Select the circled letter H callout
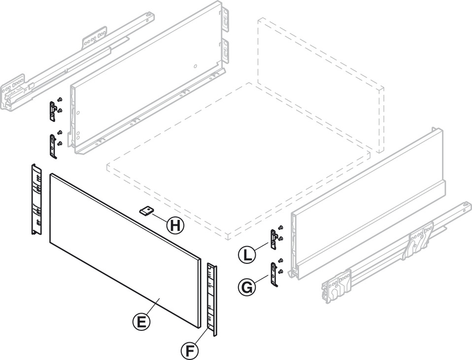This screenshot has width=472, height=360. tap(174, 226)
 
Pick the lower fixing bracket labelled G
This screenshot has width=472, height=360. tap(274, 273)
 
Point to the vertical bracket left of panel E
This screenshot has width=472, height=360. tap(34, 200)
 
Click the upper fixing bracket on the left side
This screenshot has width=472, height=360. tap(52, 110)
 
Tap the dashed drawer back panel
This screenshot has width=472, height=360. tap(320, 79)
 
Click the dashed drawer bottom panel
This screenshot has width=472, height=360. tap(236, 163)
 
